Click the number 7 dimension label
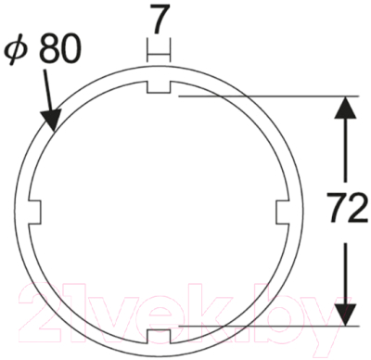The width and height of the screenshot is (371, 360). (x=161, y=19)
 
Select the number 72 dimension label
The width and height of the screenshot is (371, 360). (x=347, y=208)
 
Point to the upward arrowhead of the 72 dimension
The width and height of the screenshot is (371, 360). (x=345, y=108)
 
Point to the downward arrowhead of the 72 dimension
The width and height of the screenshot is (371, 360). (x=345, y=315)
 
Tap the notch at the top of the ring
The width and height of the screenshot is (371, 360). (x=159, y=87)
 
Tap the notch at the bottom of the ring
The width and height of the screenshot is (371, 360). (x=159, y=336)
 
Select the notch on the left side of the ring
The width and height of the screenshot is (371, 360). (x=34, y=212)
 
